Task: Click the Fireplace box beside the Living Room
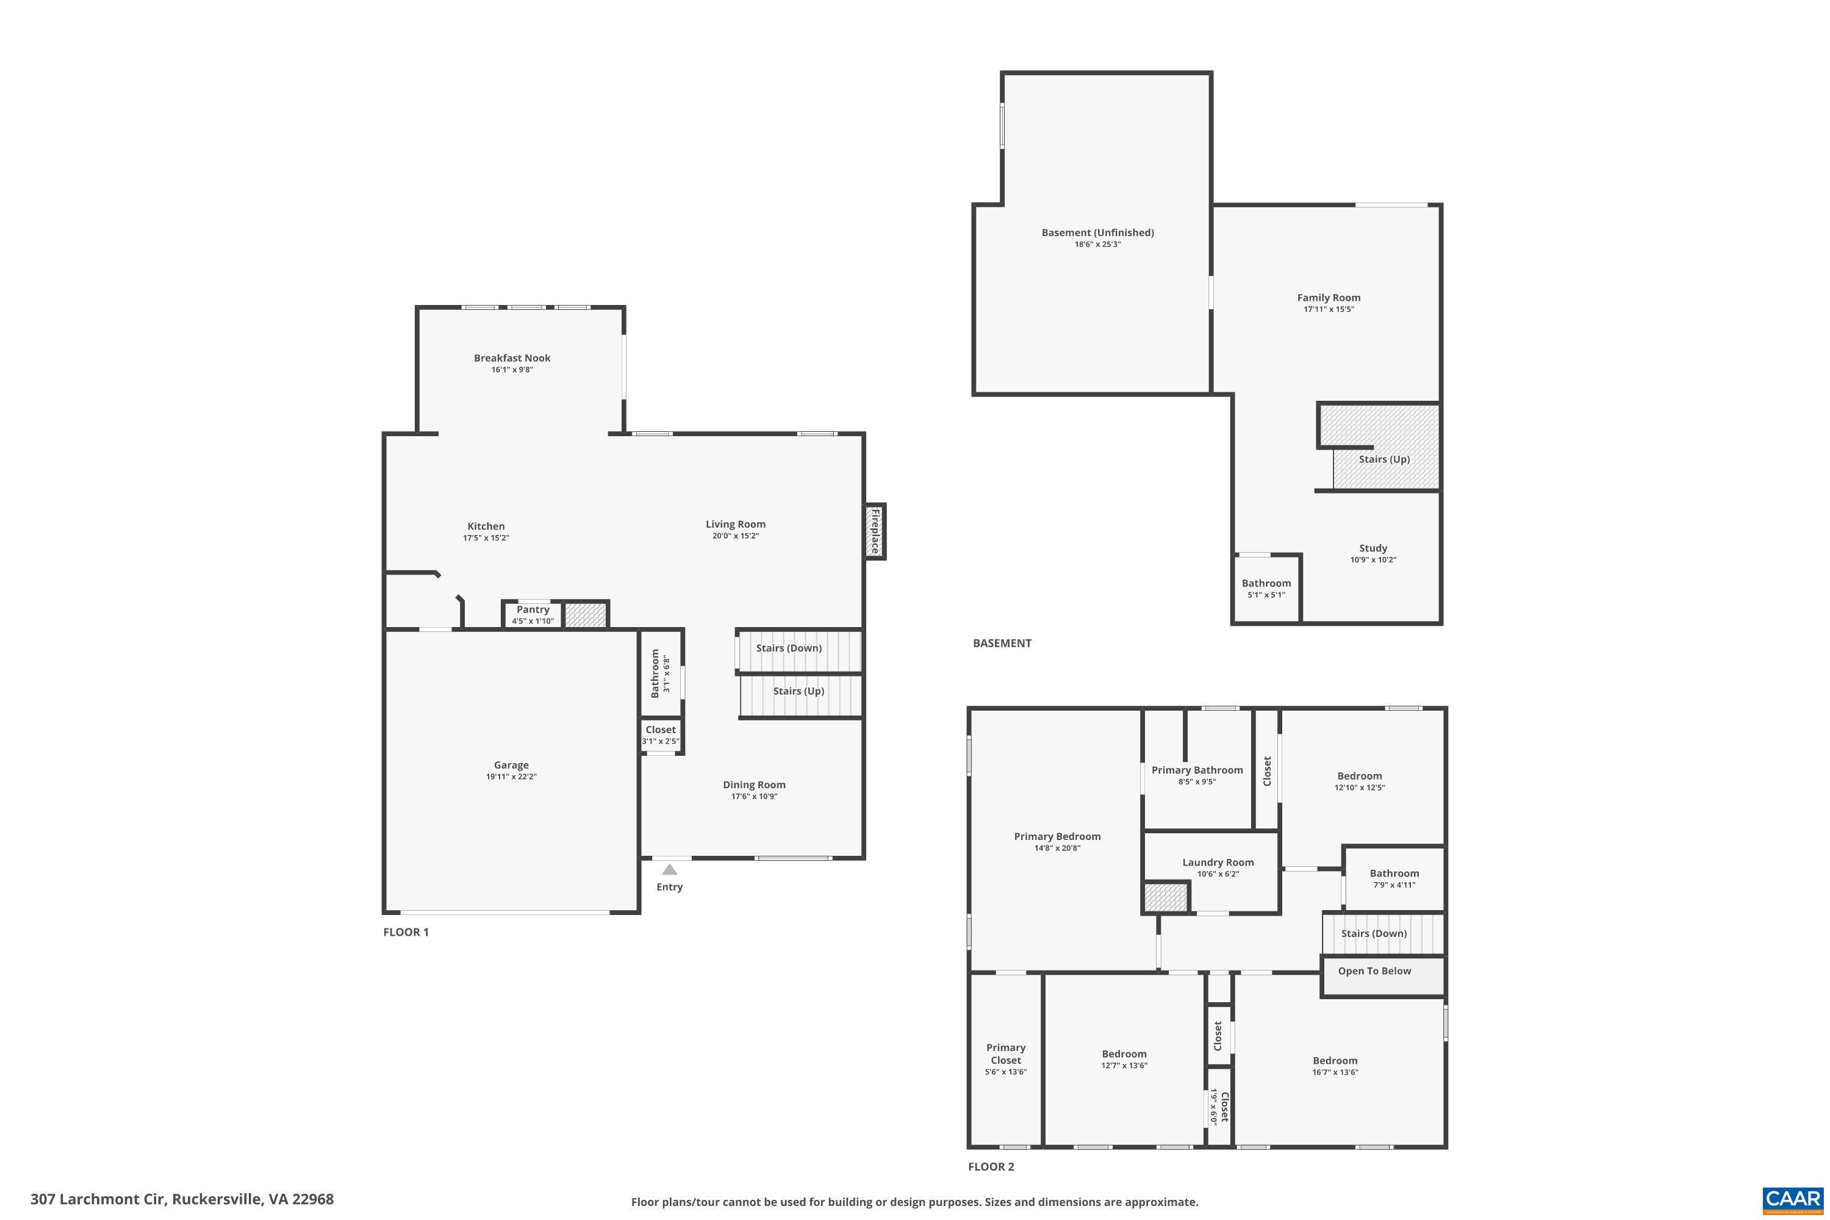tap(875, 531)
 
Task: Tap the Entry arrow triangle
tap(669, 869)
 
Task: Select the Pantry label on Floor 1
tap(533, 610)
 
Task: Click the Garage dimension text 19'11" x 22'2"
tap(511, 777)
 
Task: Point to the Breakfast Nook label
tap(512, 358)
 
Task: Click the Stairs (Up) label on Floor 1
tap(798, 691)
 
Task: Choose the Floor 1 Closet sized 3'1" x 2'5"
tap(661, 735)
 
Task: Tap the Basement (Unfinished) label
tap(1097, 232)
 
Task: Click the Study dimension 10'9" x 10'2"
tap(1372, 559)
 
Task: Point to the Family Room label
tap(1328, 297)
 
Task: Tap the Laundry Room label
tap(1218, 862)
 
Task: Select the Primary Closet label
tap(1005, 1053)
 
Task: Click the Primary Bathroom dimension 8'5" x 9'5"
tap(1197, 782)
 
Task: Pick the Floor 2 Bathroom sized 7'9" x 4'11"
tap(1393, 878)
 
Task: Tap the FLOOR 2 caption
tap(991, 1166)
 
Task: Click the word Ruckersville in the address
tap(215, 1199)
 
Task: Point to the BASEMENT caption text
tap(1002, 644)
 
